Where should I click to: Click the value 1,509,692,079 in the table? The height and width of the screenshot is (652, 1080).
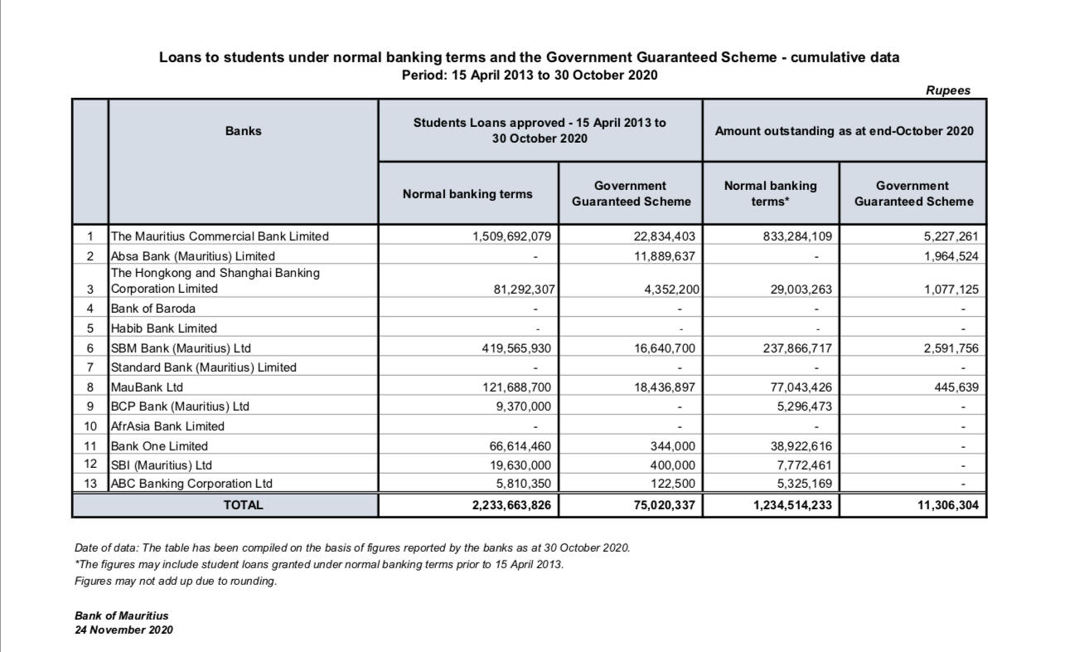(511, 236)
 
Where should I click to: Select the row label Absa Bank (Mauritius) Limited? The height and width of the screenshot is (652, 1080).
(192, 255)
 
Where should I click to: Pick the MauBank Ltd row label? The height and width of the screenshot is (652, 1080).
(147, 387)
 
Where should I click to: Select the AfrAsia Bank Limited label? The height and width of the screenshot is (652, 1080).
(167, 426)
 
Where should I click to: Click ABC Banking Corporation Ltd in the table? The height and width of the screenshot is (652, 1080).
(191, 484)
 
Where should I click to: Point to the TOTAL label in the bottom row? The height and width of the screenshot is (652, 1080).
(243, 504)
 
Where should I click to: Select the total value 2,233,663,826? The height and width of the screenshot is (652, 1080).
(511, 504)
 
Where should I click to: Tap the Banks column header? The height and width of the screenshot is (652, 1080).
(243, 131)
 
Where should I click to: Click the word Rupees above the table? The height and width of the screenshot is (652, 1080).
(948, 91)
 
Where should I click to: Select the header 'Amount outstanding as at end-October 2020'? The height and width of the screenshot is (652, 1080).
(844, 131)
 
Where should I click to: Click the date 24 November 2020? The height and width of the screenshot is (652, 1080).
(123, 630)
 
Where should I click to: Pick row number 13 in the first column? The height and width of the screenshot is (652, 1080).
(90, 484)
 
